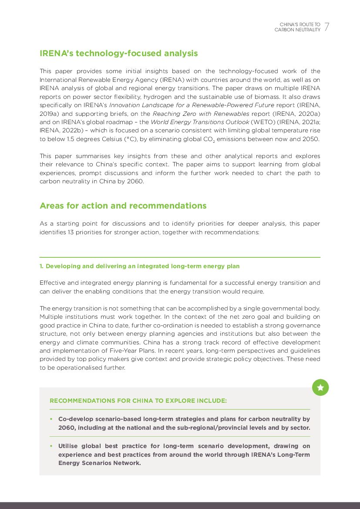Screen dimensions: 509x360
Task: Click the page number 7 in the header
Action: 327,27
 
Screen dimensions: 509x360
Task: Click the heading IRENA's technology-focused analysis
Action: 118,54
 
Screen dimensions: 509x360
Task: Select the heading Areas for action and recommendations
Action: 123,206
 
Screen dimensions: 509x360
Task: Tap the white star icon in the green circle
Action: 320,388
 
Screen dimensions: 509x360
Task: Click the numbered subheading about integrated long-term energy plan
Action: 139,266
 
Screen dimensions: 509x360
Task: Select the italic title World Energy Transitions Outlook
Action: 200,122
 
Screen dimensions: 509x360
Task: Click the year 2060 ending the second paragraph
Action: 136,181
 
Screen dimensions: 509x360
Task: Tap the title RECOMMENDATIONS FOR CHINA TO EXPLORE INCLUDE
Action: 138,401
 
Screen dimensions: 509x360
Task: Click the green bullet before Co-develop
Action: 51,419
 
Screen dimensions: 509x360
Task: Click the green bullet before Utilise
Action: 51,446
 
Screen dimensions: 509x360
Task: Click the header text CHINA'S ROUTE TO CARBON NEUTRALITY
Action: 298,27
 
